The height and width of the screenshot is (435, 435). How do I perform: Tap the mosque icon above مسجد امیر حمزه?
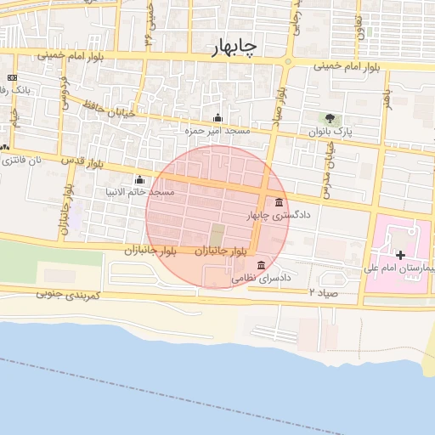click(x=218, y=118)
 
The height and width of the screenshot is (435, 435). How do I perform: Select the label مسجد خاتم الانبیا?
click(x=138, y=192)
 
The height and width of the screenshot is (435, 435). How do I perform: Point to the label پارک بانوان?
click(x=329, y=133)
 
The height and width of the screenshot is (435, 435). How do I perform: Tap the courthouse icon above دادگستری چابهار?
click(x=280, y=201)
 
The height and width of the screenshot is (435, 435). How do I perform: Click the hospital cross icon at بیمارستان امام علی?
click(x=400, y=254)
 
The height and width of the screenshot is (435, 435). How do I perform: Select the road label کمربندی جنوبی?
click(x=68, y=294)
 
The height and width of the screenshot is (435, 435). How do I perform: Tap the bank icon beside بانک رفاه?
click(x=12, y=77)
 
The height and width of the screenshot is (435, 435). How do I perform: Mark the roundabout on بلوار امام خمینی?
click(x=287, y=61)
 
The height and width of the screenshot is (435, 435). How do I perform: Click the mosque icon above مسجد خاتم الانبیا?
click(x=139, y=179)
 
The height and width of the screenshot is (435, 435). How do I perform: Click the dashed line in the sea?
click(x=212, y=399)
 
